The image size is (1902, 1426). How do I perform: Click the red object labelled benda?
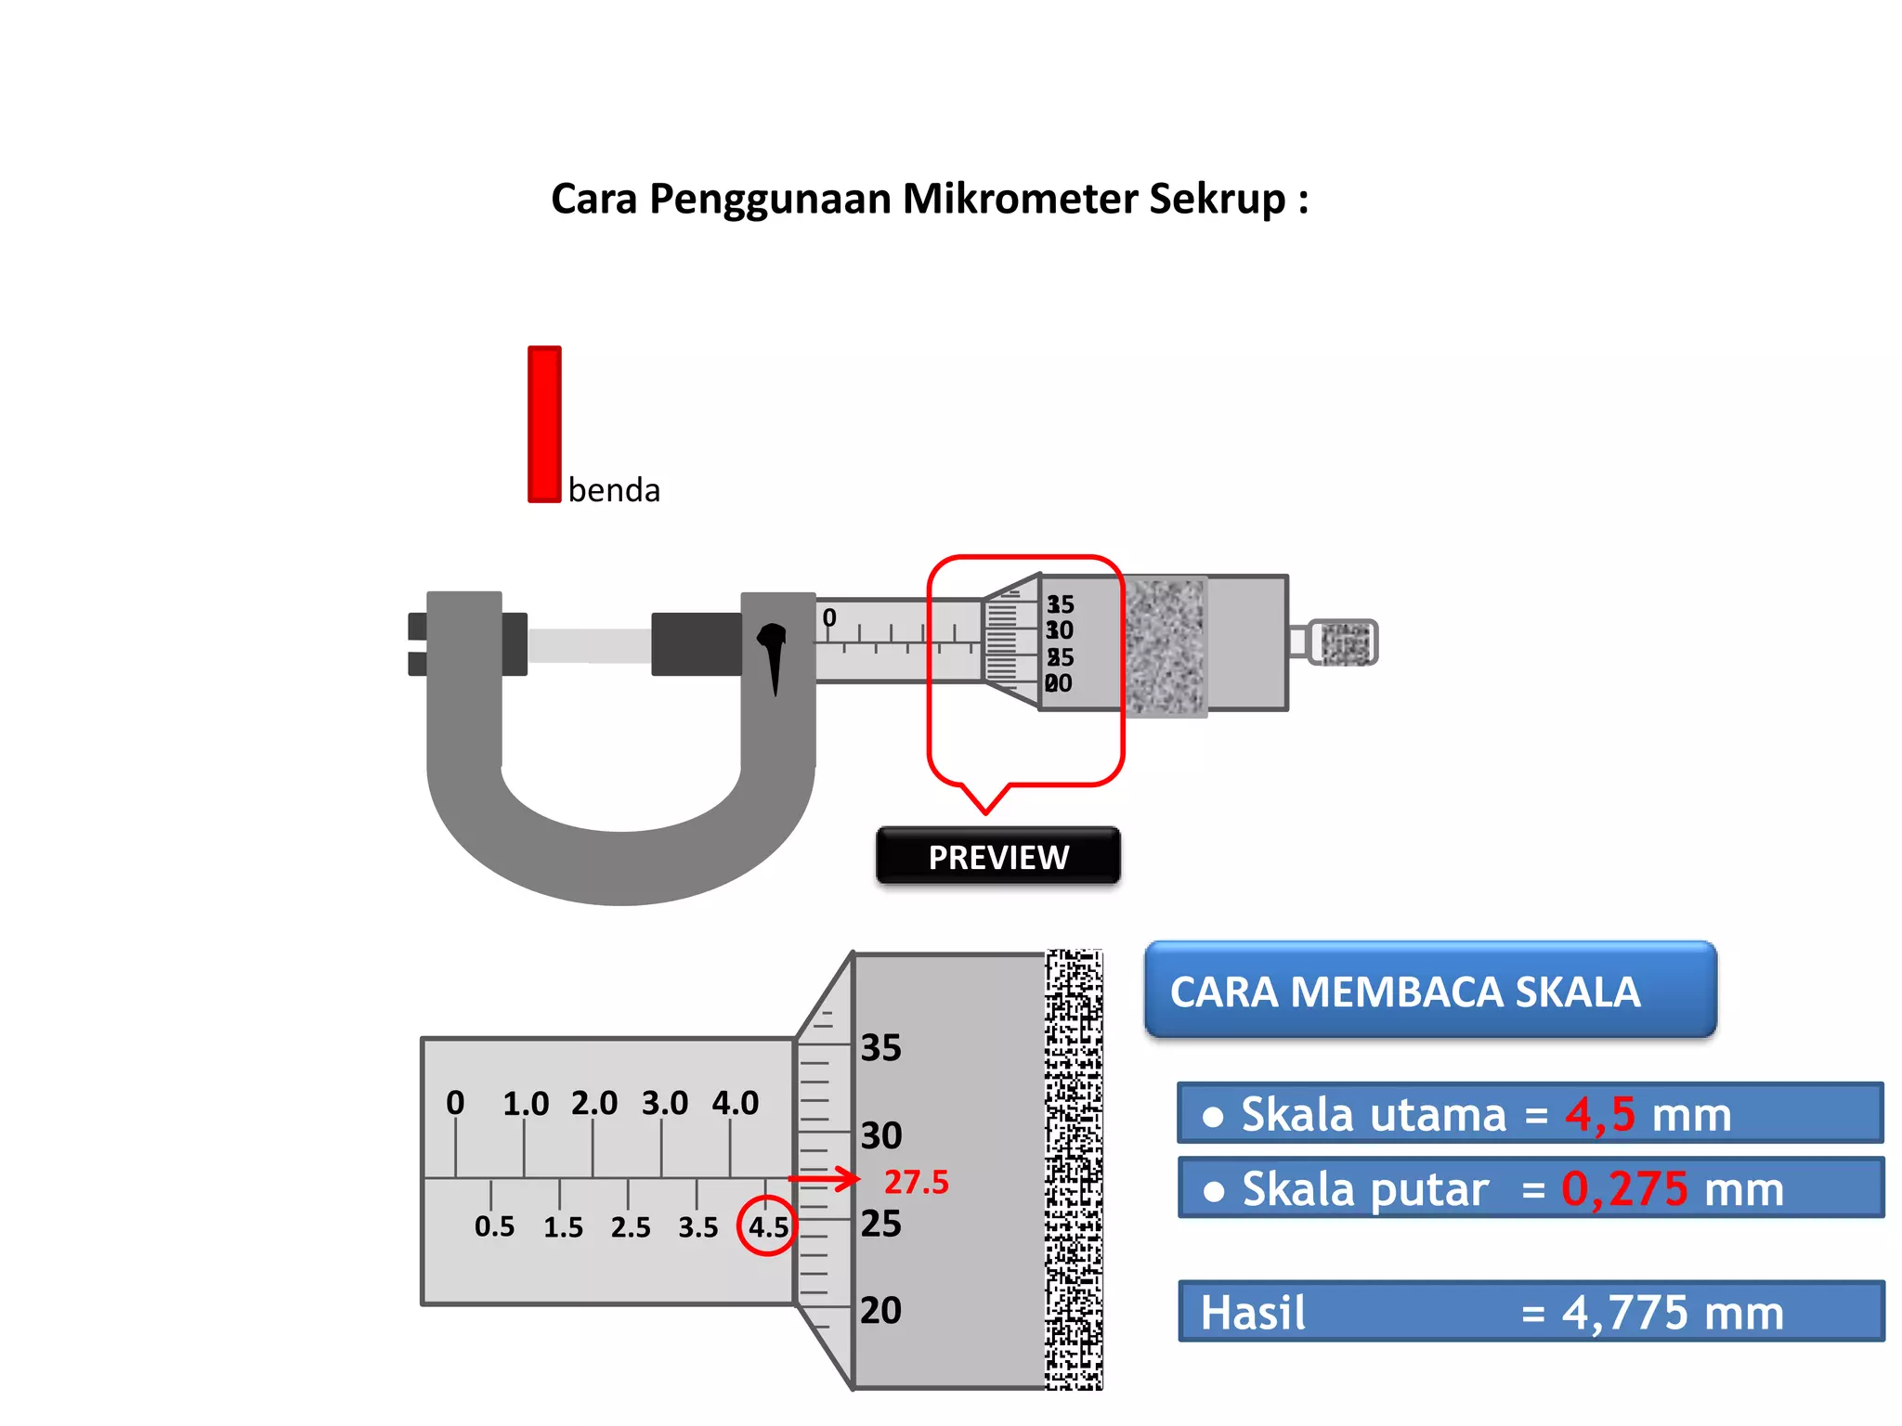544,424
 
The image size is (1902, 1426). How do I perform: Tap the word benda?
614,490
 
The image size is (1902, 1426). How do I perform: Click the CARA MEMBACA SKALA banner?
1430,991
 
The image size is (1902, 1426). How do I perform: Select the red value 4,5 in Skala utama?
1599,1114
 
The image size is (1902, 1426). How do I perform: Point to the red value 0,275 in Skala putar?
1624,1189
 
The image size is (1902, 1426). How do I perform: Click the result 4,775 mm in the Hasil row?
1672,1313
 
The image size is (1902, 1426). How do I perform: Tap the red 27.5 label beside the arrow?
916,1182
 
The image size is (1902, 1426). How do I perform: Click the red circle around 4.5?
767,1226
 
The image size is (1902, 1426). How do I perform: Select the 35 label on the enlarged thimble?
880,1048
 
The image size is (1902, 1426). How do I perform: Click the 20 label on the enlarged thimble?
880,1310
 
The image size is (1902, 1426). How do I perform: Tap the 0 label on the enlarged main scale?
455,1103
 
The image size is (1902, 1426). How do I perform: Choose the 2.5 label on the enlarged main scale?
631,1227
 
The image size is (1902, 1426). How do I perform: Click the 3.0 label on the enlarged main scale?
665,1103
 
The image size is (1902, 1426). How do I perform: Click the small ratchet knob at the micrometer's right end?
1344,642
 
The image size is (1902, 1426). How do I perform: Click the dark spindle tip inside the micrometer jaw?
696,643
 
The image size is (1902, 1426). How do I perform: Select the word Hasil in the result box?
1252,1313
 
